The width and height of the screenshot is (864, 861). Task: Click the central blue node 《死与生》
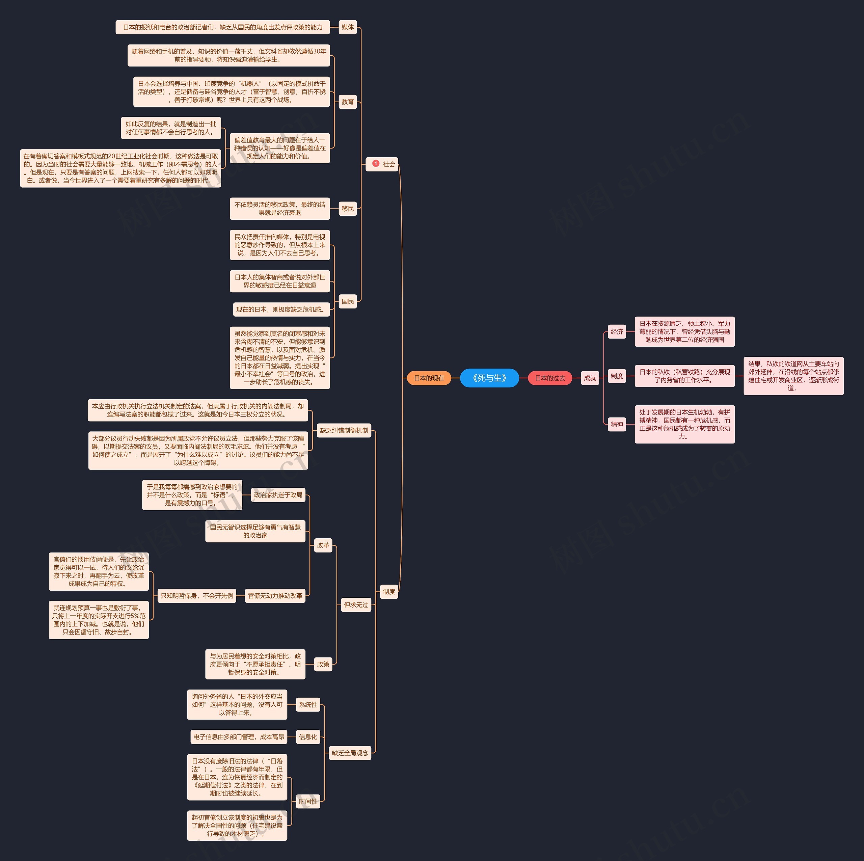tap(489, 378)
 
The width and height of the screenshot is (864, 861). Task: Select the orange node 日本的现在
tap(429, 378)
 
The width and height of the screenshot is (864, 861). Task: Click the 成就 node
tap(590, 378)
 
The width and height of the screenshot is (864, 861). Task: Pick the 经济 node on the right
tap(617, 331)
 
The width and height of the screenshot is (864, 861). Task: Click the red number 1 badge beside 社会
tap(376, 164)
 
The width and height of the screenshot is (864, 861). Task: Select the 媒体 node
tap(348, 27)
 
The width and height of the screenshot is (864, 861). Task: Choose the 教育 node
tap(348, 102)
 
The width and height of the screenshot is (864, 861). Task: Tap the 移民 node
tap(348, 209)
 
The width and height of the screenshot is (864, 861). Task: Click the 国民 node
tap(348, 301)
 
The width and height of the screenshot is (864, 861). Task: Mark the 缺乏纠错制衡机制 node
tap(344, 431)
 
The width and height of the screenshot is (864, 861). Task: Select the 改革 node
tap(323, 545)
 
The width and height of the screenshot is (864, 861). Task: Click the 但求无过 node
tap(356, 605)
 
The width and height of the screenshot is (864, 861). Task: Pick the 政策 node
tap(323, 664)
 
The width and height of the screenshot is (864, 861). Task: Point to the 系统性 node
tap(308, 704)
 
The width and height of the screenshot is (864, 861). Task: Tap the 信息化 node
tap(308, 737)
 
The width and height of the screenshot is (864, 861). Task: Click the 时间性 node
tap(308, 802)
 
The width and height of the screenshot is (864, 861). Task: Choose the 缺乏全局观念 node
tap(350, 753)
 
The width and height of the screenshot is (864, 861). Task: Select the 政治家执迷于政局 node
tap(278, 495)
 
